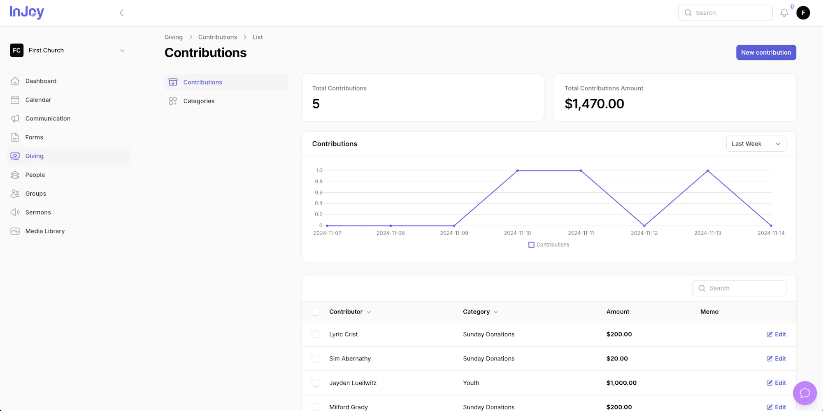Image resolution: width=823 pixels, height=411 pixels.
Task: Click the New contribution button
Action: pos(766,52)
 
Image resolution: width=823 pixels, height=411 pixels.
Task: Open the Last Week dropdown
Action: pos(756,144)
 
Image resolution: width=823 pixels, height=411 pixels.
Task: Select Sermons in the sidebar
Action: pos(38,212)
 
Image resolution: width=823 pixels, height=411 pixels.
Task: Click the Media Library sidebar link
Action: pos(45,231)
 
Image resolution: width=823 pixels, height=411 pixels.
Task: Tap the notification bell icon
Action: pos(784,13)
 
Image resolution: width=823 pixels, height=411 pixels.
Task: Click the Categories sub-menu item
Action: pos(199,101)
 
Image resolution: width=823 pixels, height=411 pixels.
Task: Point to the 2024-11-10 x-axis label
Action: pos(517,233)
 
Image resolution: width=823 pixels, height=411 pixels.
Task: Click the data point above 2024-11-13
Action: pos(708,171)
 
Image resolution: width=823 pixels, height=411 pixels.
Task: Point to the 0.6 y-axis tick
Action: pos(319,192)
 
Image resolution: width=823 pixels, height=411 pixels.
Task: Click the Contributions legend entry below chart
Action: pos(549,245)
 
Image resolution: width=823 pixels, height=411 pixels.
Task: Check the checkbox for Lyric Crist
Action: pos(316,335)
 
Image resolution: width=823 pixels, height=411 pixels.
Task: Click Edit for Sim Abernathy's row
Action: pos(776,358)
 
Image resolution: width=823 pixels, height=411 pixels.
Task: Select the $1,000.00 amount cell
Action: pos(621,383)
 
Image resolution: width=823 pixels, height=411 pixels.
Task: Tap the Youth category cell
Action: pos(471,383)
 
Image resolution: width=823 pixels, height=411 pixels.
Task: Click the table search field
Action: pos(739,288)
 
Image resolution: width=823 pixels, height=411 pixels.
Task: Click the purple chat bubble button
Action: pos(804,393)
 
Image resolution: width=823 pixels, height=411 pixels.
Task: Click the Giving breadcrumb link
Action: pos(173,37)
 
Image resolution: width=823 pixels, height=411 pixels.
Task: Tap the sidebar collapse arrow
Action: pos(121,13)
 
